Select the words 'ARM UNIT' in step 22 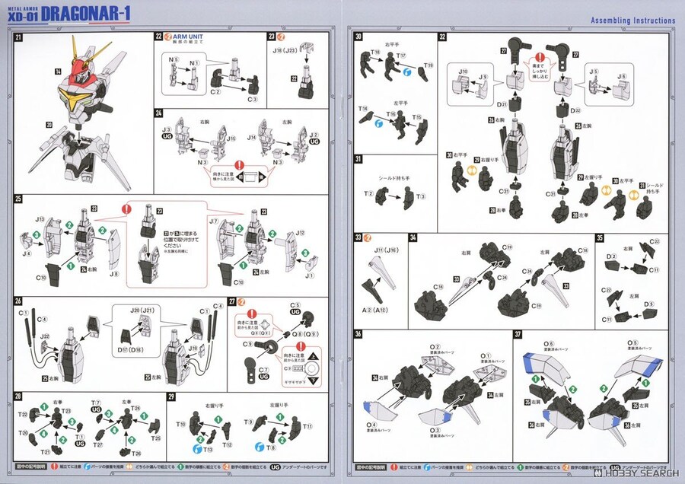point(188,37)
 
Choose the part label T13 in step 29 point(208,450)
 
